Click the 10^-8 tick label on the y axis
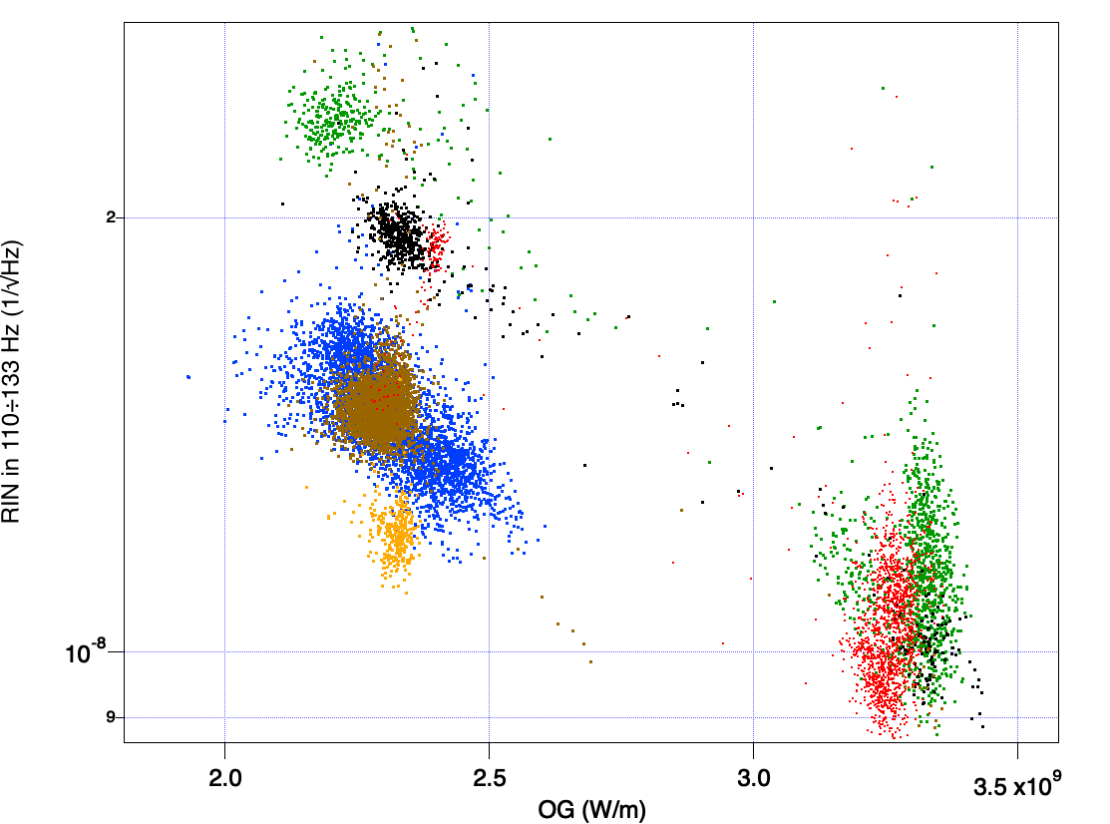93,653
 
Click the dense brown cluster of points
376,409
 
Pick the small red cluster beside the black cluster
435,245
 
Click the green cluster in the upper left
329,120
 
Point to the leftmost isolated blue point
187,376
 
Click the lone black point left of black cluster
282,204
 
